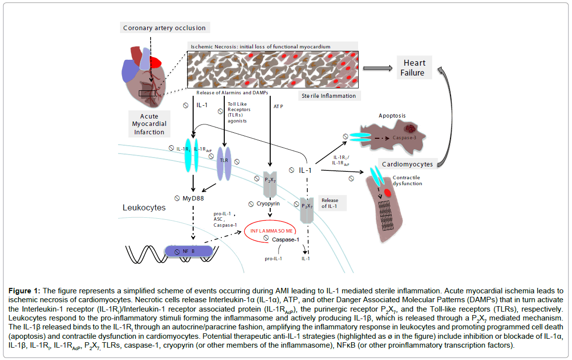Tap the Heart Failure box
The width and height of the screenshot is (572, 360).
[414, 68]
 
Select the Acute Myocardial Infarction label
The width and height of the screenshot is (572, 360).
[149, 124]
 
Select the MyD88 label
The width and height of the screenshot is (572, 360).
[193, 199]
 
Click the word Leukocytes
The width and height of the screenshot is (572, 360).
[144, 208]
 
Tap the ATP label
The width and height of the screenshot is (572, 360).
[278, 106]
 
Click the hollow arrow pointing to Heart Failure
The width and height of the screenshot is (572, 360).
[377, 68]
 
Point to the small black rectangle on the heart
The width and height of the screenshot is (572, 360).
[147, 93]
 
